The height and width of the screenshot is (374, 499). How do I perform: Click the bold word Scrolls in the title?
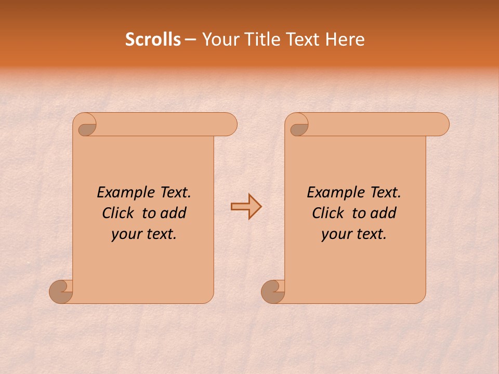click(153, 39)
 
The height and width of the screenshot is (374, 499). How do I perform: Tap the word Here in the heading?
click(345, 39)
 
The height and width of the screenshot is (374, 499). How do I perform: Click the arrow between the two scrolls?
click(246, 207)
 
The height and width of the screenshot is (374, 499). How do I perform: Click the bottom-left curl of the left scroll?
click(61, 291)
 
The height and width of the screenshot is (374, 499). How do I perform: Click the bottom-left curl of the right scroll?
click(272, 291)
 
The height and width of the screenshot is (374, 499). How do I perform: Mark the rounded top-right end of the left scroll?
click(229, 124)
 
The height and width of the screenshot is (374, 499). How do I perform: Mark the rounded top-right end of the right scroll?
click(441, 124)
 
